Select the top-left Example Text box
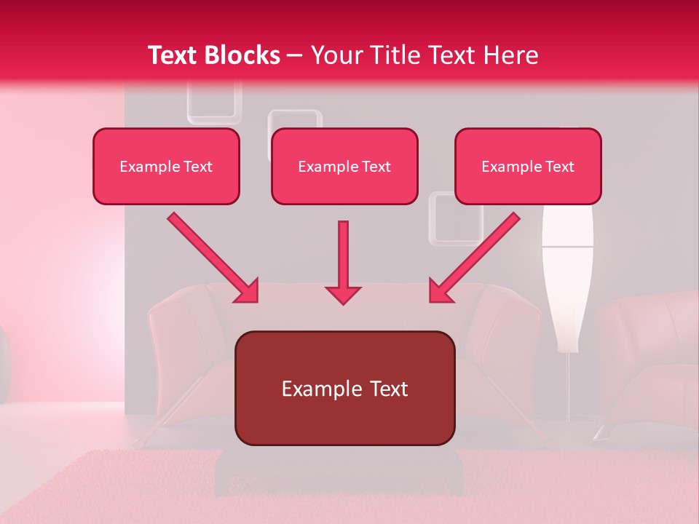coord(166,167)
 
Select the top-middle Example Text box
coord(344,167)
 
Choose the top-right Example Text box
coord(528,167)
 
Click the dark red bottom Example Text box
coord(344,389)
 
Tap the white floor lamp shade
coord(567,284)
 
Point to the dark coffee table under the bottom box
coord(339,473)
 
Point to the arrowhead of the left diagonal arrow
coord(247,291)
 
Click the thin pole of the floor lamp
coord(567,386)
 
